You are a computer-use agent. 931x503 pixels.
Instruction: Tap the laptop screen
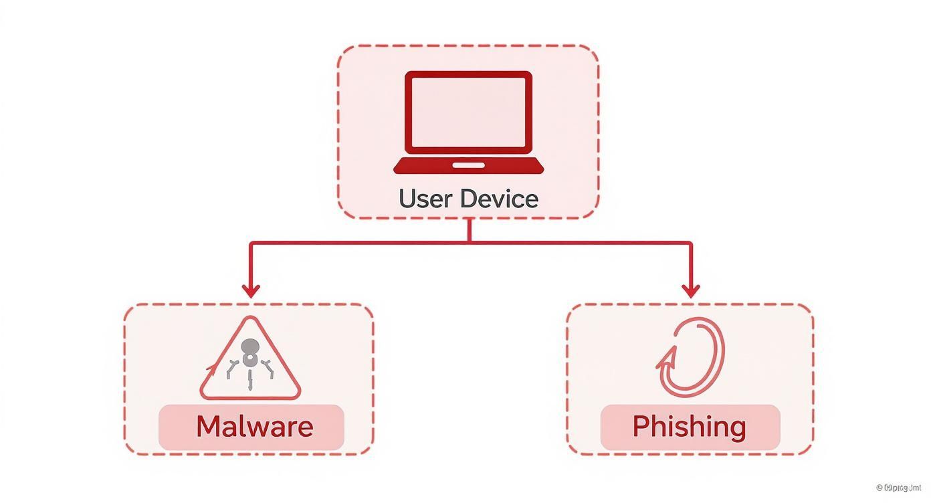click(x=468, y=111)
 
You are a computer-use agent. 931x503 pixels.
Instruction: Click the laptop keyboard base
click(x=468, y=165)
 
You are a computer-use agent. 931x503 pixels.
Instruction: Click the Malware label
click(x=254, y=427)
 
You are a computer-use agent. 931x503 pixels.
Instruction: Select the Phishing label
click(x=689, y=427)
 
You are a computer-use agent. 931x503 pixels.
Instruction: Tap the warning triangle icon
click(x=250, y=361)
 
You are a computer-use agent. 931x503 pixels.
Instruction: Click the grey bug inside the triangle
click(x=249, y=355)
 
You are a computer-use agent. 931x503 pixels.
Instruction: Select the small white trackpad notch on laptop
click(x=468, y=164)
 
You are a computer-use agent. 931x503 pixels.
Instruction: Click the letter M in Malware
click(x=209, y=427)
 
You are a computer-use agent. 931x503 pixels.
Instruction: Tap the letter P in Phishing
click(x=641, y=427)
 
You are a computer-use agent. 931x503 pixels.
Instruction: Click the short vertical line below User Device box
click(x=470, y=230)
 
